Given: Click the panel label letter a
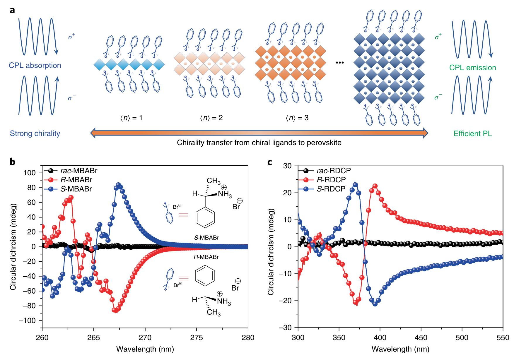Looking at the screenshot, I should (x=12, y=10).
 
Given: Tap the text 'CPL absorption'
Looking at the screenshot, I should (x=35, y=65).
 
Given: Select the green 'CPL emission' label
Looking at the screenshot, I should (x=472, y=68).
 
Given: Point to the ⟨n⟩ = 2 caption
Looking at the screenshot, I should (x=211, y=118).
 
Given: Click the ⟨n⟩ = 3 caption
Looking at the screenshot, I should (x=297, y=118).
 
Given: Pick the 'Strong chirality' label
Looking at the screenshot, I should (x=35, y=133).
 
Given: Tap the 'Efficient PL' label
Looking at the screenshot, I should (x=472, y=134).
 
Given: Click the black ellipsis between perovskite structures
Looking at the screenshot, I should (x=340, y=62).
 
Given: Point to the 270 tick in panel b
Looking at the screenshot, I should (x=145, y=337).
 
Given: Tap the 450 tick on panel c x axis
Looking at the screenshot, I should (x=421, y=337).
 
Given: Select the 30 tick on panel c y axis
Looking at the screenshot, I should (x=288, y=166).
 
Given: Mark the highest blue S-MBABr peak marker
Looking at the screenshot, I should (x=118, y=185).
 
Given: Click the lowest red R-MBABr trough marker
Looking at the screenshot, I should (x=115, y=310).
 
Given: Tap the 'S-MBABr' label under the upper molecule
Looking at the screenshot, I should (x=206, y=238).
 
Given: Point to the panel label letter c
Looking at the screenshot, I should (x=270, y=162).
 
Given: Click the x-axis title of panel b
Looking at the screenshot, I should (x=145, y=349).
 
